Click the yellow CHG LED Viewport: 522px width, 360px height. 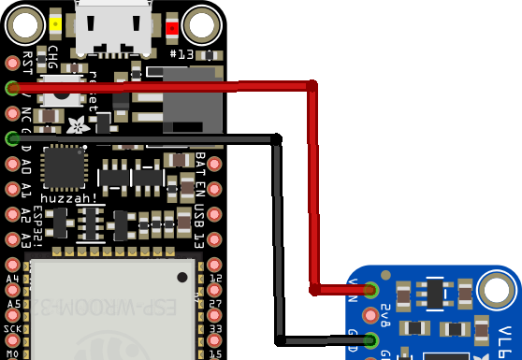(56, 25)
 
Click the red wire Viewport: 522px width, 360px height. (312, 187)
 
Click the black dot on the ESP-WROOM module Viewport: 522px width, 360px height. (183, 277)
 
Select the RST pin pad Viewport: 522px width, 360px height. (12, 63)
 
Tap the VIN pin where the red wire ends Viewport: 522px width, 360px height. (372, 289)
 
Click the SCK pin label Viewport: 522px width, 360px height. (12, 329)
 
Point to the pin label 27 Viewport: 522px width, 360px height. (215, 304)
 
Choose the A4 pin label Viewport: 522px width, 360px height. (12, 280)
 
